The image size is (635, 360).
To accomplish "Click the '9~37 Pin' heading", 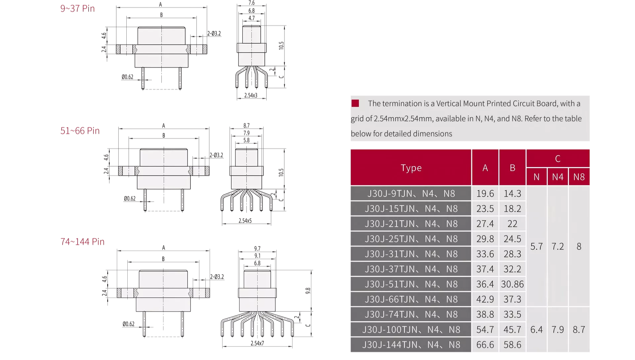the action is pos(77,9).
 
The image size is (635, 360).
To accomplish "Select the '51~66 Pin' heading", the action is pos(80,131).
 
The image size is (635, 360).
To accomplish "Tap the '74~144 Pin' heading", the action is pos(82,242).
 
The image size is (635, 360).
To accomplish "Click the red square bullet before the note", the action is pos(355,103).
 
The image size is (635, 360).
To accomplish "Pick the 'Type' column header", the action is pos(411,168).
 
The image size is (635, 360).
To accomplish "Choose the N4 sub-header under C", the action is pos(558,177).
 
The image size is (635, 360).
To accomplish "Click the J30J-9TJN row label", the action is pos(411,194).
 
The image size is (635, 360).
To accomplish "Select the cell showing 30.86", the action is pos(512,284).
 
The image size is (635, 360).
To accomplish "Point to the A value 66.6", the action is pos(485,345).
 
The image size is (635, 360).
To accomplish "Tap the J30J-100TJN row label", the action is pos(411,330).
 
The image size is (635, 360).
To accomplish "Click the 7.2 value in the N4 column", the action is pos(558,247).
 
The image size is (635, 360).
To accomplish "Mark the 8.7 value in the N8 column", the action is pos(579,330).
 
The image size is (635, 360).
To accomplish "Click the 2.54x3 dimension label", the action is pos(251,95).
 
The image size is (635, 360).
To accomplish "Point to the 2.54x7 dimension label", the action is pos(257,343).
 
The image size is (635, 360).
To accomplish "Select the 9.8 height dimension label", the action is pos(308,291).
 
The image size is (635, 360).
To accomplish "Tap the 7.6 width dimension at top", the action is pos(252,3).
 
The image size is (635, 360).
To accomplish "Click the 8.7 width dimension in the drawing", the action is pos(246,126).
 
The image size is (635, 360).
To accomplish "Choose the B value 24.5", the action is pos(512,239).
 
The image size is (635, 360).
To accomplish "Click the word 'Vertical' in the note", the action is pos(449,104).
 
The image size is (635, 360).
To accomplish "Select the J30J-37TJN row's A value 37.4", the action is pos(485,269).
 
